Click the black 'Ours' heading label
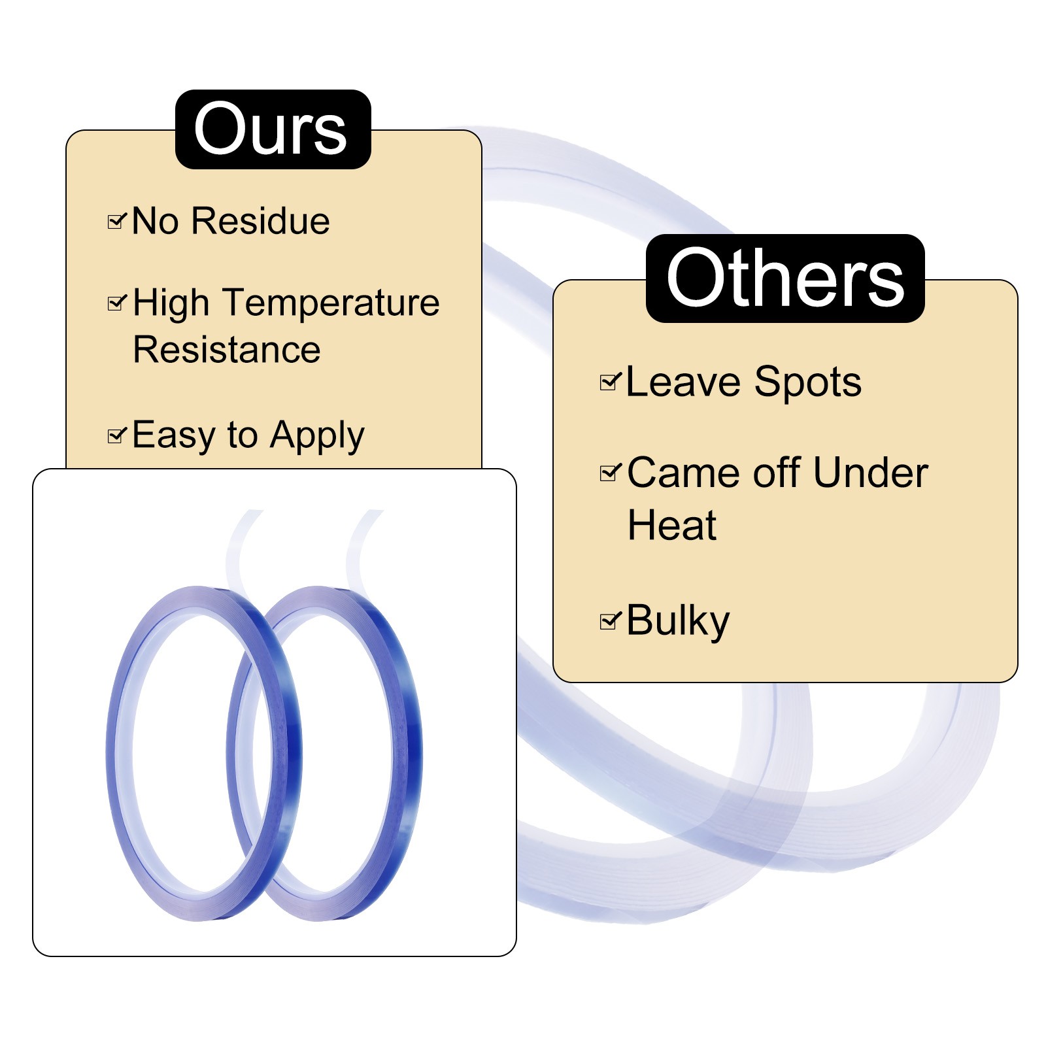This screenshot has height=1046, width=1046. [273, 129]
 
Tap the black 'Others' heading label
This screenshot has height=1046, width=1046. [785, 278]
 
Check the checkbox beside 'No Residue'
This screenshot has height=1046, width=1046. [116, 222]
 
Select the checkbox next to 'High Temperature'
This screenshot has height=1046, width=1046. [116, 303]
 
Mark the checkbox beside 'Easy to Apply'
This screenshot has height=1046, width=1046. [116, 435]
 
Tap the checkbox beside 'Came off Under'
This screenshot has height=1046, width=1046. [609, 472]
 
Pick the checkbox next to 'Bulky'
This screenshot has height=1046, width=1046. [609, 620]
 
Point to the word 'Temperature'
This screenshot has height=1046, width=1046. [332, 303]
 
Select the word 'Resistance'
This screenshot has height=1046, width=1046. [226, 350]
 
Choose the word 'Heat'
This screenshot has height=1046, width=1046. [671, 526]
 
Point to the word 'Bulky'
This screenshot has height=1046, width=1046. [677, 621]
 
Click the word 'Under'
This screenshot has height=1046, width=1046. [871, 473]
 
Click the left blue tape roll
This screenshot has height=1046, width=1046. [121, 752]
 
